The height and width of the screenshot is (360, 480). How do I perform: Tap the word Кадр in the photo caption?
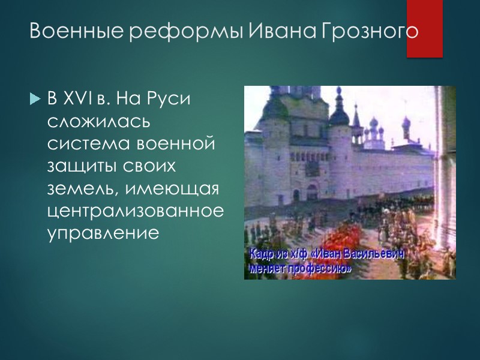pos(264,254)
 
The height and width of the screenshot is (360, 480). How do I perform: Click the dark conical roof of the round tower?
pos(339,111)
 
